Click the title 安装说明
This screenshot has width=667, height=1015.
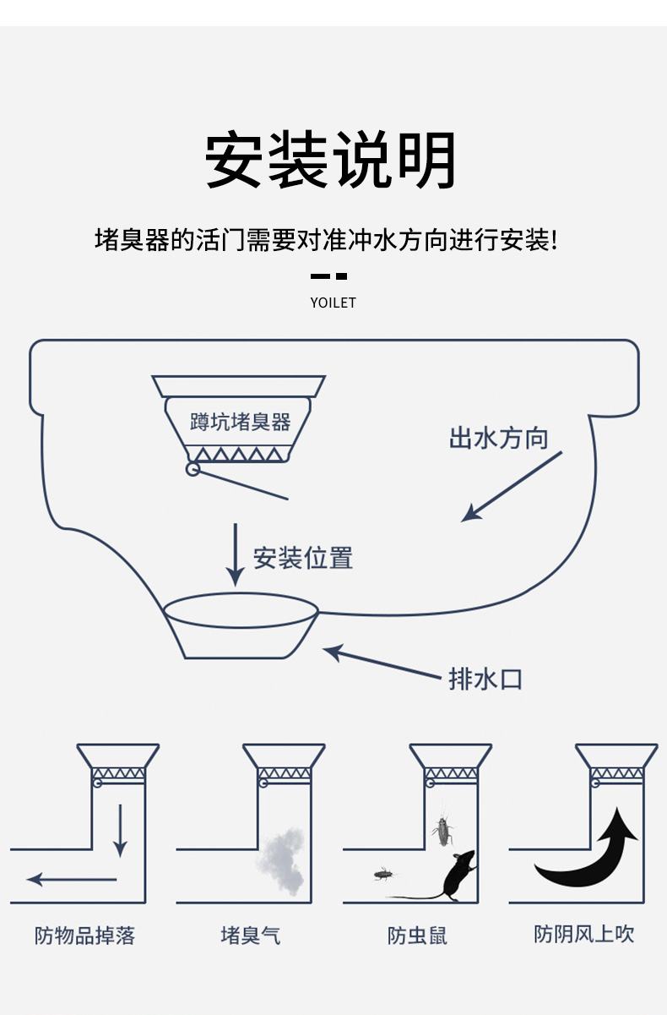coord(332,161)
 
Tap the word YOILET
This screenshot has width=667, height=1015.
coord(333,303)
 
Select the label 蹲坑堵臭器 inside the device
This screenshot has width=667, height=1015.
coord(240,422)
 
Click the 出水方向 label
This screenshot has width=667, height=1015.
coord(498,439)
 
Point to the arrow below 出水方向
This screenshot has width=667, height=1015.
coord(511,487)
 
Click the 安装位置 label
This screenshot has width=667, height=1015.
coord(303,558)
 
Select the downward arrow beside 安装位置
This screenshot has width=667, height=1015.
coord(236,554)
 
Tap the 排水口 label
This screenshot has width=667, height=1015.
coord(485,679)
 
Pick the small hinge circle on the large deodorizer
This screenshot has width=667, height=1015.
coord(193,469)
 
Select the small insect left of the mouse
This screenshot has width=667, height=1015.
coord(384,872)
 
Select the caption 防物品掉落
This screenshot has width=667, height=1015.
coord(84,936)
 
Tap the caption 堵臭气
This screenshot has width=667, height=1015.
coord(250,936)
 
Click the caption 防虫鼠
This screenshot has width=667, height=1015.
coord(417,936)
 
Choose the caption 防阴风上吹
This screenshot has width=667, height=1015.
coord(583,934)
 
